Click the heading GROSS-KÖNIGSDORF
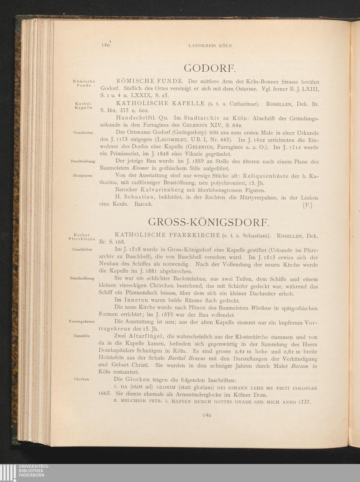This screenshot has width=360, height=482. click(208, 221)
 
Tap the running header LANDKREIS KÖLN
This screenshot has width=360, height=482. click(210, 46)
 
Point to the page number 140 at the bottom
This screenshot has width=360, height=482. click(206, 415)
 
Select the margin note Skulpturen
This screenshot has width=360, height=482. click(83, 176)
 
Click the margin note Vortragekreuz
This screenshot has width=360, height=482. click(82, 322)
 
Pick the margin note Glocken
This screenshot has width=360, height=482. click(81, 379)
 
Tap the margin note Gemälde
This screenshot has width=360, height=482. click(81, 336)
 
